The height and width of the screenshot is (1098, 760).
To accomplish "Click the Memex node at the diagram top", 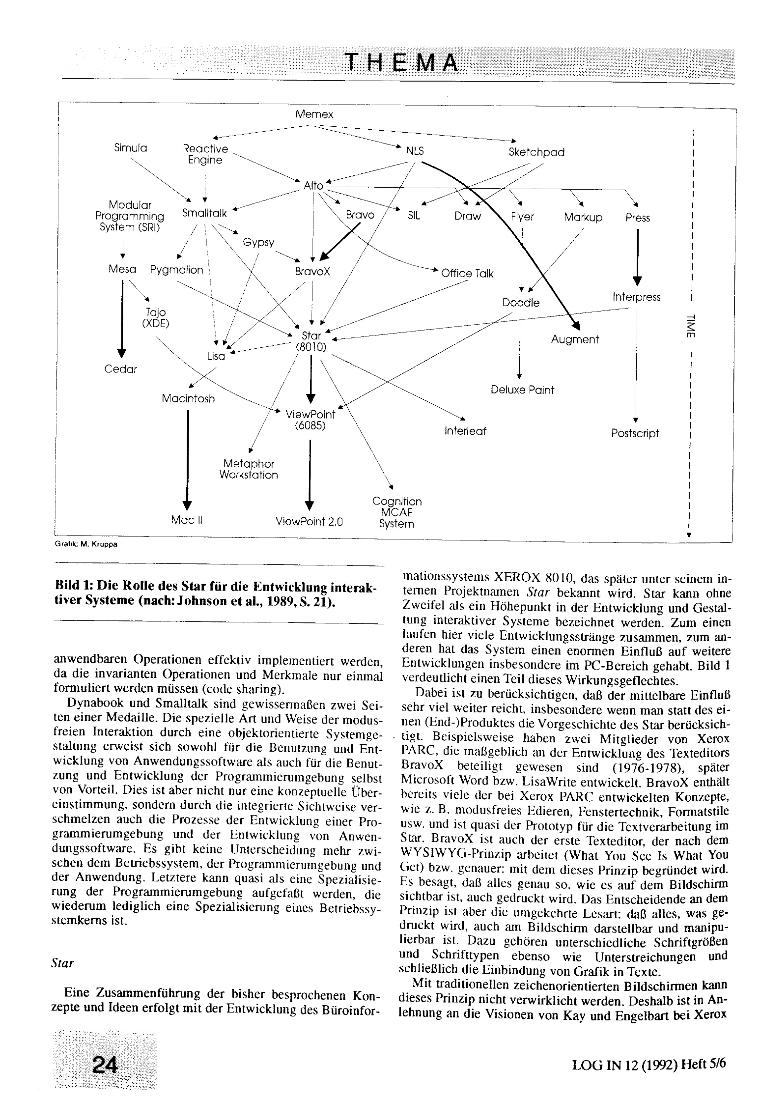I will pos(314,114).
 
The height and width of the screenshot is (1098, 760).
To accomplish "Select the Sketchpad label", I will pos(536,152).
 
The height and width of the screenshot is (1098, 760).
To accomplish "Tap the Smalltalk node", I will pos(204,213).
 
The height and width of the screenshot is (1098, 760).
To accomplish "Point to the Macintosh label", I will pos(188,399).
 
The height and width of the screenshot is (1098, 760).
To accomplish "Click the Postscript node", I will pos(635,433).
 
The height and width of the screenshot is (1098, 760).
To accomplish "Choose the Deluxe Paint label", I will pos(522,390).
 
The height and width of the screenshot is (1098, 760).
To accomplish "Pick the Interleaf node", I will pos(465,431).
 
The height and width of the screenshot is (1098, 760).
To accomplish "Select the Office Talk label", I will pos(467,274).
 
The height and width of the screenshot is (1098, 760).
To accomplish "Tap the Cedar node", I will pos(120,369).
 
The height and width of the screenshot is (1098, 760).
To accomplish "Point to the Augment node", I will pos(575,339).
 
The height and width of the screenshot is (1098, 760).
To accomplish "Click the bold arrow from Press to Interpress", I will pos(638,256).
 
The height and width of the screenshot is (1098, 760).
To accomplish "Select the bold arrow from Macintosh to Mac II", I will pos(187,457).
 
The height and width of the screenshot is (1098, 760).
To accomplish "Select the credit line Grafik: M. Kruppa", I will pos(86,544).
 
